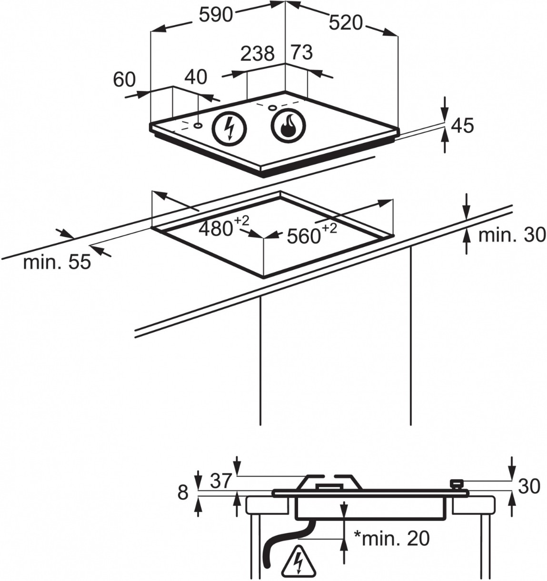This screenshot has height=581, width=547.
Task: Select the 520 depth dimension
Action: coord(346,22)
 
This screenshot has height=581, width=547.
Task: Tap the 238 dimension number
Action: coord(258,54)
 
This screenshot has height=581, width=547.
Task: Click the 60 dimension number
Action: coord(124,80)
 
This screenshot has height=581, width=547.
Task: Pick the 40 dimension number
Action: coord(196,77)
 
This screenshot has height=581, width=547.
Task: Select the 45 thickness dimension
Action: coord(462,126)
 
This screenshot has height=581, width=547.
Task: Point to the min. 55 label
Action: coord(57,262)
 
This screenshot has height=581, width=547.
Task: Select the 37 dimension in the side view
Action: coord(221,481)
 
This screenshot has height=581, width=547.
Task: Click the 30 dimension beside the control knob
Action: coord(529,486)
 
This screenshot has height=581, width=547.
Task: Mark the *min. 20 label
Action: coord(391,538)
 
